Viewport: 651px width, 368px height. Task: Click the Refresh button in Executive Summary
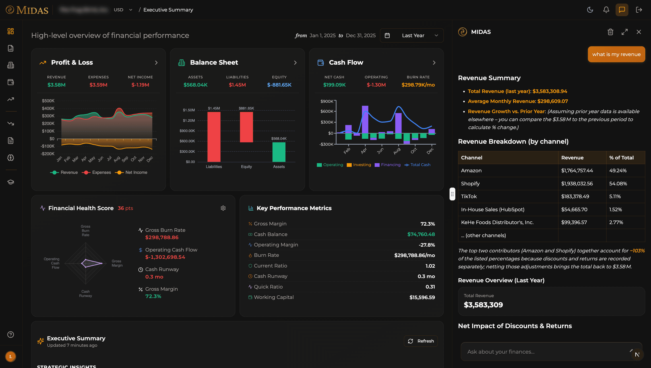pyautogui.click(x=420, y=341)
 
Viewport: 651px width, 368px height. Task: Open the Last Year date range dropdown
pyautogui.click(x=412, y=35)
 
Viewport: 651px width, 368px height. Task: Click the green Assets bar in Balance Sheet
pyautogui.click(x=279, y=152)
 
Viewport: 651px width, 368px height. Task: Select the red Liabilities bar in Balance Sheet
pyautogui.click(x=214, y=136)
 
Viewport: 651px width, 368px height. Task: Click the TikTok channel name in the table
pyautogui.click(x=469, y=196)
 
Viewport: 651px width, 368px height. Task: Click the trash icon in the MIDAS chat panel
pyautogui.click(x=610, y=32)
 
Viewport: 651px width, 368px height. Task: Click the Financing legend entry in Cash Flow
pyautogui.click(x=388, y=165)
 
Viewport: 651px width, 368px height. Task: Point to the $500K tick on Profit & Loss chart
pyautogui.click(x=48, y=101)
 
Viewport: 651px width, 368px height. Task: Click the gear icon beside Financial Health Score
pyautogui.click(x=223, y=208)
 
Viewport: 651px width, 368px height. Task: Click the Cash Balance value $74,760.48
pyautogui.click(x=421, y=234)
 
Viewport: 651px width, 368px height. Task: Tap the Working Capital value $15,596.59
pyautogui.click(x=422, y=297)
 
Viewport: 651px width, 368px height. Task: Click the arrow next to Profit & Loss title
pyautogui.click(x=156, y=62)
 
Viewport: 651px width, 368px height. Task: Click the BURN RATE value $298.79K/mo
pyautogui.click(x=418, y=85)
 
